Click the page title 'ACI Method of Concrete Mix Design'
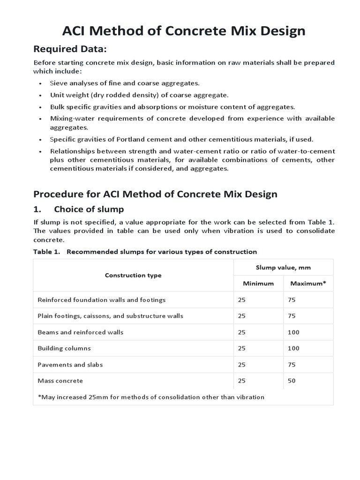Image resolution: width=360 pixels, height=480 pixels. [x=184, y=31]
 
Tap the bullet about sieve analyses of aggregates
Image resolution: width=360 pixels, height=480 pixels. [x=125, y=83]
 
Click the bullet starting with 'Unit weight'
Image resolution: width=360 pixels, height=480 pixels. [x=139, y=95]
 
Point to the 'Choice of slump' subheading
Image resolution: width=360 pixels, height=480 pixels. [x=89, y=209]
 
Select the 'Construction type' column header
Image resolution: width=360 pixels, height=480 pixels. [x=133, y=275]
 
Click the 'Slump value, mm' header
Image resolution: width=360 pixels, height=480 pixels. [x=283, y=267]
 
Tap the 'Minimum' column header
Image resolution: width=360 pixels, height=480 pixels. [x=258, y=283]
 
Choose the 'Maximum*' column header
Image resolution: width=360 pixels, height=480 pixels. [x=308, y=283]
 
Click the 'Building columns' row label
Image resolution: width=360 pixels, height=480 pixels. [x=64, y=348]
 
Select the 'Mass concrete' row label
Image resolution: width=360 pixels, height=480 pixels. [x=60, y=381]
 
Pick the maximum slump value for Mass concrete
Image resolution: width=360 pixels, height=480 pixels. [x=292, y=381]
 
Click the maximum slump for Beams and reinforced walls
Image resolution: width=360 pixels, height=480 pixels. [x=293, y=332]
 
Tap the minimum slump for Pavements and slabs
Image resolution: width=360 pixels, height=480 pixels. [x=241, y=364]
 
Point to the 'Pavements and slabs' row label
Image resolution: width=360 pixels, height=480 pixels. [x=70, y=364]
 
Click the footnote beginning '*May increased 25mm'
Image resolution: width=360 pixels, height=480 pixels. [x=150, y=397]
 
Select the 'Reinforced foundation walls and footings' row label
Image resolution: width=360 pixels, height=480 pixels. [x=101, y=300]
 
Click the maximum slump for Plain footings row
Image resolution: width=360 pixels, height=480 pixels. [x=292, y=316]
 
